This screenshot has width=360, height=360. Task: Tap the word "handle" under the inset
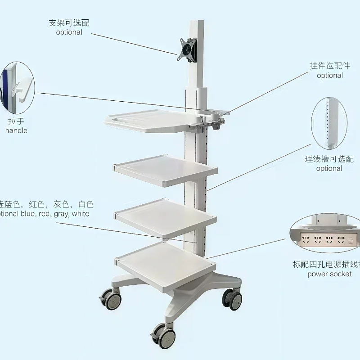tap(16, 130)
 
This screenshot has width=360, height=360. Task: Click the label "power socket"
tap(329, 274)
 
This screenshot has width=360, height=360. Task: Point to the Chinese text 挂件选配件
tap(329, 66)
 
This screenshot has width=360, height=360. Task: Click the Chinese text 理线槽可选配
tap(329, 159)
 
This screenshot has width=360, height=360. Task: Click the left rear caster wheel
tap(111, 299)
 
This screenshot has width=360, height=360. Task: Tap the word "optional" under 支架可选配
tap(69, 32)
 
